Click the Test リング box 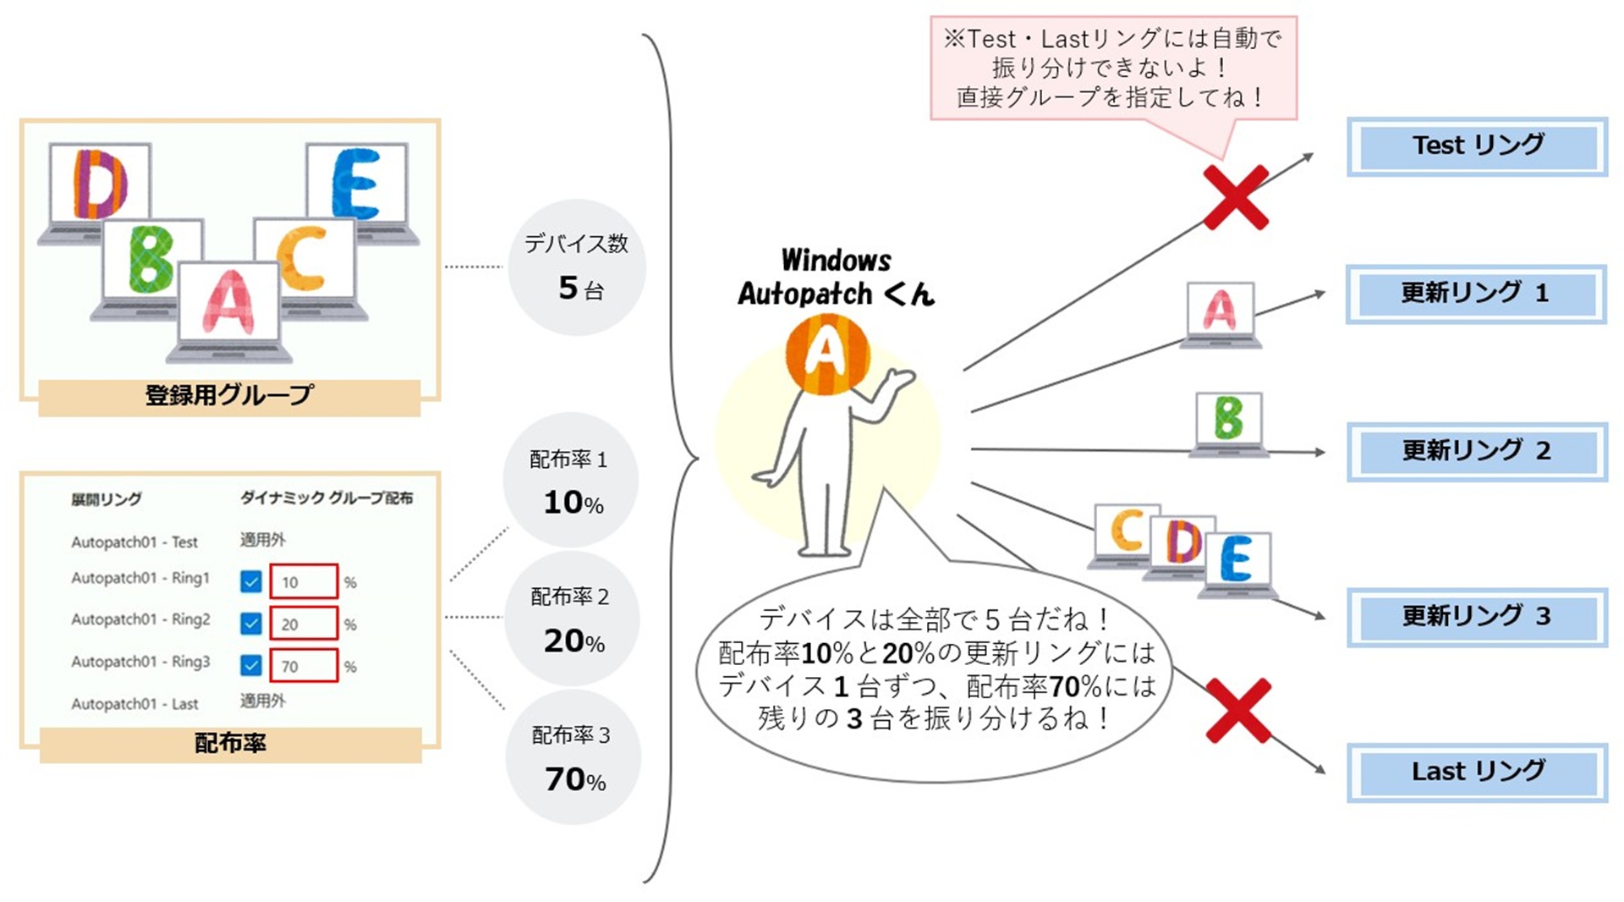pos(1477,146)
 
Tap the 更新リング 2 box pos(1477,451)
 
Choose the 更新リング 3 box pos(1477,617)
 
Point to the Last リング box pos(1477,773)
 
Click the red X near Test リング pos(1236,198)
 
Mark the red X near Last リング pos(1238,711)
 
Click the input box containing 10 pos(304,582)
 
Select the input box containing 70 pos(304,666)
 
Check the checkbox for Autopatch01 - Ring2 pos(250,624)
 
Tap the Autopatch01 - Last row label pos(134,704)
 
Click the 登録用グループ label pos(229,396)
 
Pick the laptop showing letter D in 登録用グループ pos(99,190)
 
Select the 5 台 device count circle pos(577,267)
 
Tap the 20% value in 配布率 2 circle pos(574,641)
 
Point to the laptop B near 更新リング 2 pos(1228,423)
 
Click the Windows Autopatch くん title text pos(836,277)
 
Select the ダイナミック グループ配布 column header pos(326,498)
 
